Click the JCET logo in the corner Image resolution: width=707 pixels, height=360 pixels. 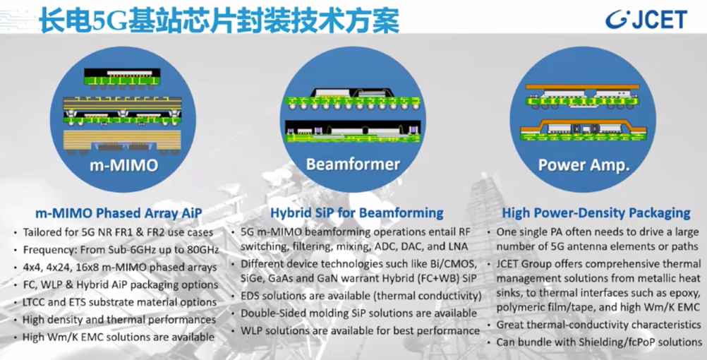click(646, 19)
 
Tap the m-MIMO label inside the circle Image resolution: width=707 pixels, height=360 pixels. click(123, 165)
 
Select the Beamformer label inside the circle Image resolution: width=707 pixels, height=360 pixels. click(353, 164)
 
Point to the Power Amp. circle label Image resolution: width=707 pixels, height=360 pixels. click(584, 164)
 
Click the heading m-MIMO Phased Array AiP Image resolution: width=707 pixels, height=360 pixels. click(119, 213)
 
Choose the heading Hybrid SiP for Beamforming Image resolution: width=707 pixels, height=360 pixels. click(356, 212)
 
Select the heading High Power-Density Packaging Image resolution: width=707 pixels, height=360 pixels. click(596, 212)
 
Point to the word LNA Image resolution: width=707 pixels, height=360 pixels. click(458, 246)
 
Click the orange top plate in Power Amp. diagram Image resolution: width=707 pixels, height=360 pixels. click(583, 87)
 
